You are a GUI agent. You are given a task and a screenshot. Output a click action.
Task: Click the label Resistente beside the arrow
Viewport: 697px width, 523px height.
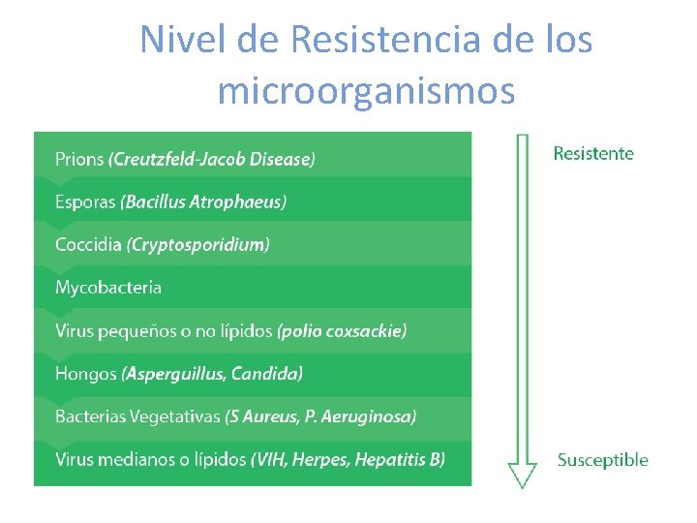coord(593,153)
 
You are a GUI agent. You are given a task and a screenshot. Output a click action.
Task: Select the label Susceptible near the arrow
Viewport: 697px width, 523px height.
coord(602,460)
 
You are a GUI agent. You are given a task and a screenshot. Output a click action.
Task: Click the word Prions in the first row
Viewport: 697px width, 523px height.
coord(79,159)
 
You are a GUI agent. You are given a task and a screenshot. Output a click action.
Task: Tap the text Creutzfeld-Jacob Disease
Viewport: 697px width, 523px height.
coord(213,159)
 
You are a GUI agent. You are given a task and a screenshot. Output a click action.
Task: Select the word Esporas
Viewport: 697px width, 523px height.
coord(84,201)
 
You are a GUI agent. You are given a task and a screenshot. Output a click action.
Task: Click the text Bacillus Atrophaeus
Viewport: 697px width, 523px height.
coord(204,201)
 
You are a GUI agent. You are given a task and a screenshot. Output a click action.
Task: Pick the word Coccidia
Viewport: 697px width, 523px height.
coord(88,244)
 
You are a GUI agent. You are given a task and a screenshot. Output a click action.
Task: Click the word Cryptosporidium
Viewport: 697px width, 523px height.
coord(198,244)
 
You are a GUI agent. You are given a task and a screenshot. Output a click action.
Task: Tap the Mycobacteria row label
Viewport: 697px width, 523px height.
coord(108,288)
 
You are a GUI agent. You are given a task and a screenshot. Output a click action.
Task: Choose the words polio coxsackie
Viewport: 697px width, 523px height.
coord(343,330)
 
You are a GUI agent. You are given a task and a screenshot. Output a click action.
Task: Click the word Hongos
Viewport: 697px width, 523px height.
coord(85,373)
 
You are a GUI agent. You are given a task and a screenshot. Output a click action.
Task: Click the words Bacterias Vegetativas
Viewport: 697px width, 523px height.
coord(136,416)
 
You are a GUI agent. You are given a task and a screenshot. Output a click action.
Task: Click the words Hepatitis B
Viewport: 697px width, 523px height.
coord(399,459)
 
